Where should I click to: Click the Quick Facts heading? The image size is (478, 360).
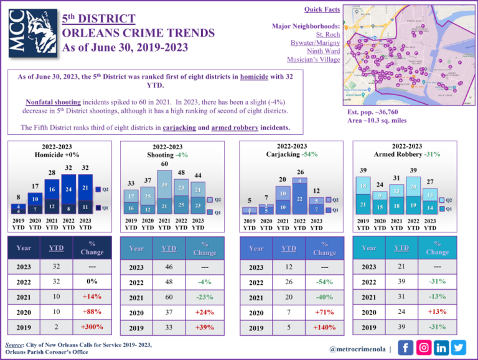tap(322, 9)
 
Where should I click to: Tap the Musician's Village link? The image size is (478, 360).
tap(313, 60)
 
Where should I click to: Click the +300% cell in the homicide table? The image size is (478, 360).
tap(91, 326)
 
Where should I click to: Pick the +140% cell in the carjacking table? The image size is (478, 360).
tap(324, 326)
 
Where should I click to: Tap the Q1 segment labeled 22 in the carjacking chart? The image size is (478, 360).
tap(299, 199)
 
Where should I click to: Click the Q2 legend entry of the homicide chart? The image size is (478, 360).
tap(104, 189)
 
